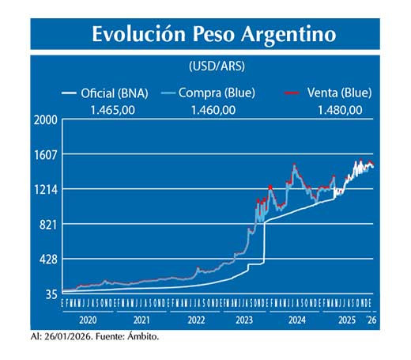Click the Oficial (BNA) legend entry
113,93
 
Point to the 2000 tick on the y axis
45,120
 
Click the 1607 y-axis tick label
45,155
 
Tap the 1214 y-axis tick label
45,190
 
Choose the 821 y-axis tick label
47,225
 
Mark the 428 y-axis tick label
47,260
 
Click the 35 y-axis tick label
50,294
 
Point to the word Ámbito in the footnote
141,337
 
